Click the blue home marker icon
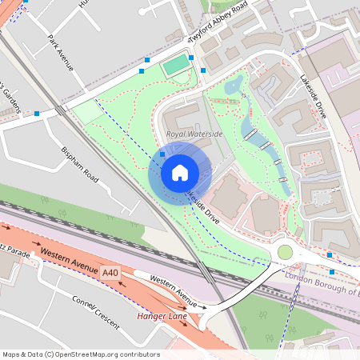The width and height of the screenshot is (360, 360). [179, 172]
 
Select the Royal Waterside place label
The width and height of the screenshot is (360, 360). [194, 134]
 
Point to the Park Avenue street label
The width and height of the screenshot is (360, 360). [61, 53]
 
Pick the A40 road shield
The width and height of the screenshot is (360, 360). [110, 274]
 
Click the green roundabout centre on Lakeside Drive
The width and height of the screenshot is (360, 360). [285, 253]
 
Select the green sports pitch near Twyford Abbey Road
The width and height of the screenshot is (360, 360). [177, 67]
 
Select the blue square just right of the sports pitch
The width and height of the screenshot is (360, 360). [203, 70]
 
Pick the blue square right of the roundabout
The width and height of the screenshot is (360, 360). [330, 254]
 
